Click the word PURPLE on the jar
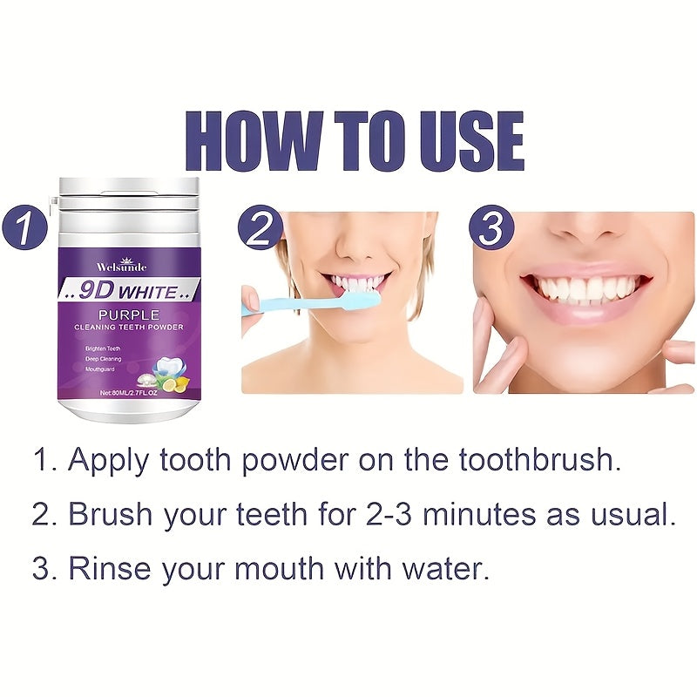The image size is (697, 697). (129, 313)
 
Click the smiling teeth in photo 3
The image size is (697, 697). (585, 288)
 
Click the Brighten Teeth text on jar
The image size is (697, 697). (104, 348)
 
